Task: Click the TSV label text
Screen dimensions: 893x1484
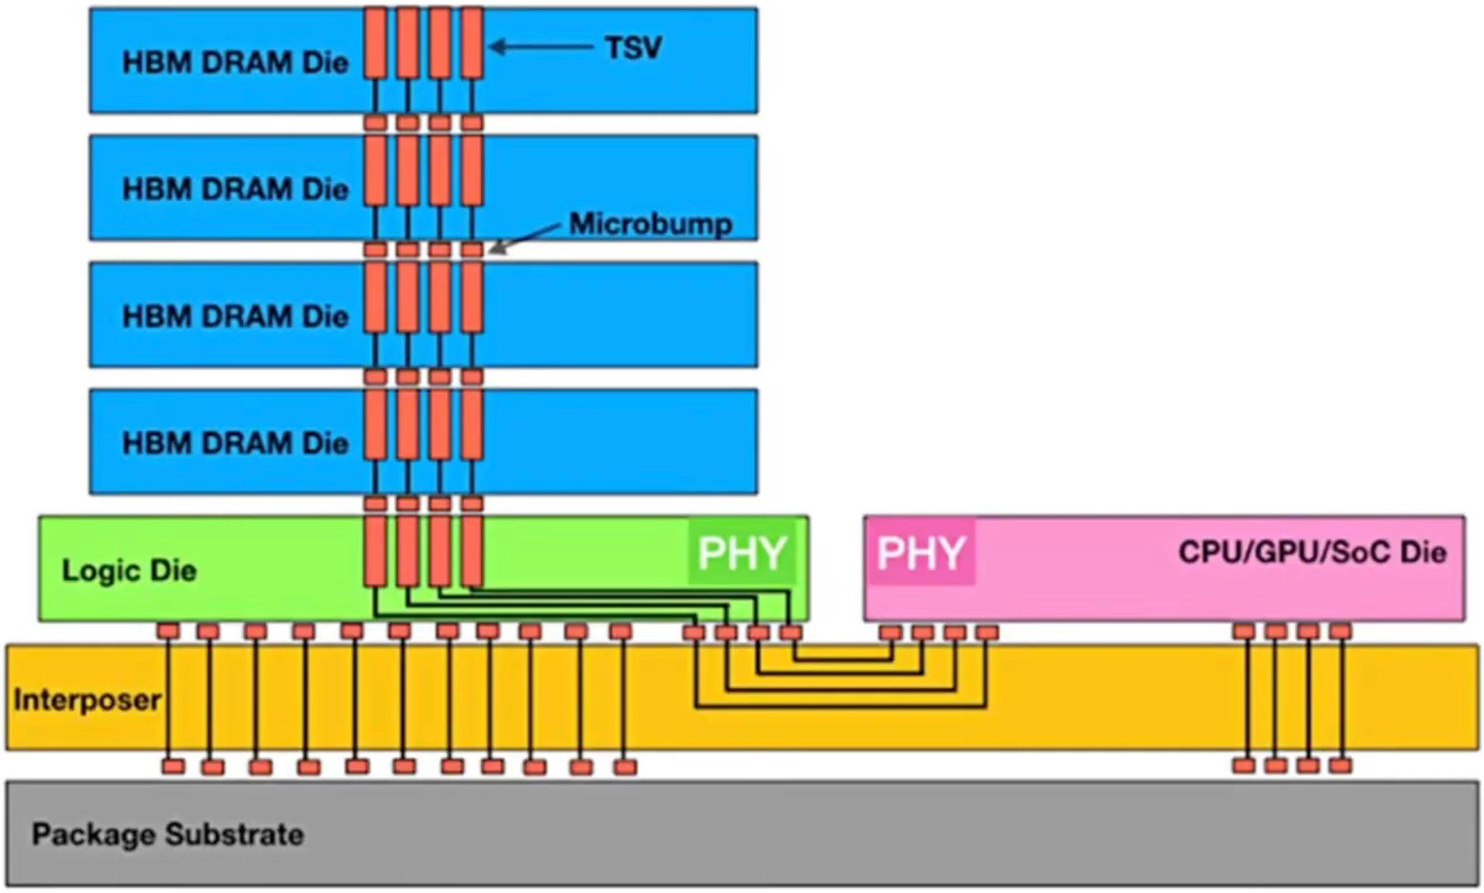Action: click(633, 48)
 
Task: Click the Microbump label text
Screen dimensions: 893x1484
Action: click(651, 224)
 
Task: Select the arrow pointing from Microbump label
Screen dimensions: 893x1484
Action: click(525, 238)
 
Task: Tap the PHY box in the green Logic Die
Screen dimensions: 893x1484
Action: click(742, 552)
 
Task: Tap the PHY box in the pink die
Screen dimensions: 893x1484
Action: click(921, 552)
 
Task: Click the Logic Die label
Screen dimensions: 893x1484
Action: click(129, 570)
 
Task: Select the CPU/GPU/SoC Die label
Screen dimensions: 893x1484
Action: click(1312, 552)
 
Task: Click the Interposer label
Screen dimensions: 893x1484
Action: click(87, 699)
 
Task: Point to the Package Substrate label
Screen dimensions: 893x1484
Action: click(168, 834)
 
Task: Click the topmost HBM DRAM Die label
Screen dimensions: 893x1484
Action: click(235, 62)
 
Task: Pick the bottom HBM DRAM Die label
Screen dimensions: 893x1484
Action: click(235, 443)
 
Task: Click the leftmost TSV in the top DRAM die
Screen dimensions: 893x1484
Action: click(375, 43)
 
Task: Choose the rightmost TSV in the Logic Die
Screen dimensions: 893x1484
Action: click(472, 551)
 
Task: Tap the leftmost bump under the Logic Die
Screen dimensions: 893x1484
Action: click(169, 631)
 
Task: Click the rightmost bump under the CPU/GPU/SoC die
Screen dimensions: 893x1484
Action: click(1340, 631)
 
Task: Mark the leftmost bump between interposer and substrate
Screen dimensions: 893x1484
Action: click(173, 767)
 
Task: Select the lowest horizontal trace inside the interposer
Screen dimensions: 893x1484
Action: click(840, 707)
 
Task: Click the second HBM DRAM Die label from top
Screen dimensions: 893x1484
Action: click(235, 189)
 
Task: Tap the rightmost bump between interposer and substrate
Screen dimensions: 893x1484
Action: click(1340, 766)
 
